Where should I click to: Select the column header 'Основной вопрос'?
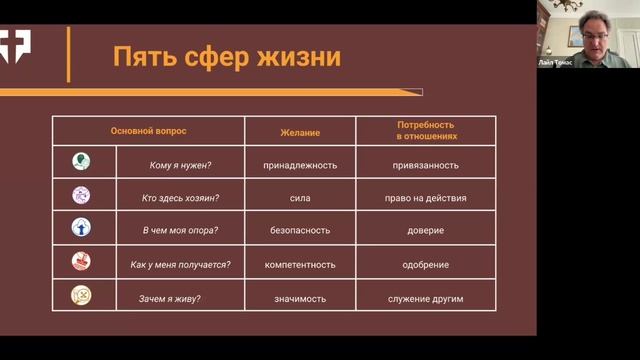pyautogui.click(x=148, y=131)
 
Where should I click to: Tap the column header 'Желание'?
pyautogui.click(x=300, y=131)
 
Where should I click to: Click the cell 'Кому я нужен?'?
pyautogui.click(x=180, y=164)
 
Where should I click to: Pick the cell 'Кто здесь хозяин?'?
pyautogui.click(x=180, y=198)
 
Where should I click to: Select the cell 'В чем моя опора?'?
pyautogui.click(x=180, y=231)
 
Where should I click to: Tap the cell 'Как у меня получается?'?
pyautogui.click(x=180, y=265)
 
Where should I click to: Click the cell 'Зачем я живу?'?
pyautogui.click(x=180, y=298)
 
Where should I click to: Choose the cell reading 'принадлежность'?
pyautogui.click(x=300, y=164)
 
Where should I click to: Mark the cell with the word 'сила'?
pyautogui.click(x=300, y=198)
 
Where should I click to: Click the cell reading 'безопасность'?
pyautogui.click(x=300, y=231)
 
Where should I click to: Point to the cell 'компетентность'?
pyautogui.click(x=300, y=265)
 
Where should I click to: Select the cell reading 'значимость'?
pyautogui.click(x=300, y=298)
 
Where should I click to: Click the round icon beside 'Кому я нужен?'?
pyautogui.click(x=81, y=161)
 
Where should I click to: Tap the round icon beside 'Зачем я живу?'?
pyautogui.click(x=81, y=295)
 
